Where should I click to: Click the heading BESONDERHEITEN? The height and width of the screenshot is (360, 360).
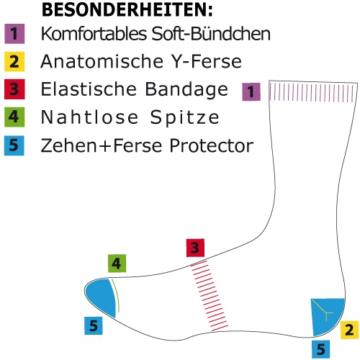(127, 9)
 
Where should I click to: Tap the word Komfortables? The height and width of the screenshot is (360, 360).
(94, 34)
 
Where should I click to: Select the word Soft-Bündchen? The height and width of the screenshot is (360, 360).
(211, 33)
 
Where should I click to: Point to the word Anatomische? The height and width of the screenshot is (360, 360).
(102, 61)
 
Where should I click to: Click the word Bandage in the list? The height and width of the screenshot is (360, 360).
(186, 89)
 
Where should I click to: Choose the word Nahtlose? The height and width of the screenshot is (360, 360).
(89, 117)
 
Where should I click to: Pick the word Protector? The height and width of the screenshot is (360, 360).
(212, 145)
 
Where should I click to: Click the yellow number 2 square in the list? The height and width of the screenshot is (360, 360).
(14, 62)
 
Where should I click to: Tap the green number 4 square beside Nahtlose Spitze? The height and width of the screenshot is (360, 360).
(14, 117)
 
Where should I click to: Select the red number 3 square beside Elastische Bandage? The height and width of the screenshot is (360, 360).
(14, 89)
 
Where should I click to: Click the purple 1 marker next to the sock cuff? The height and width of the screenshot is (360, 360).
(251, 91)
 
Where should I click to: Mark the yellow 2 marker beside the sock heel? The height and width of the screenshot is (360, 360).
(350, 330)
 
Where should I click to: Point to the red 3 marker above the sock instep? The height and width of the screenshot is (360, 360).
(195, 248)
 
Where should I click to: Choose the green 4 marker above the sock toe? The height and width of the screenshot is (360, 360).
(117, 264)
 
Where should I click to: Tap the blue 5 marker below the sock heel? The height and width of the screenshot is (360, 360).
(321, 349)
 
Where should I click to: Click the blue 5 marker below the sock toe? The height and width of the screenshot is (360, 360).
(94, 325)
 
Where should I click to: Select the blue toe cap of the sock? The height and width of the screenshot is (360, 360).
(101, 297)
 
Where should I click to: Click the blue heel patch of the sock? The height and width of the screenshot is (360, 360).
(326, 315)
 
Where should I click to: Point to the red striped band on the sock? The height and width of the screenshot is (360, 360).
(209, 297)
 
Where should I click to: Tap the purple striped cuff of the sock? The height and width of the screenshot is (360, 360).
(312, 92)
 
